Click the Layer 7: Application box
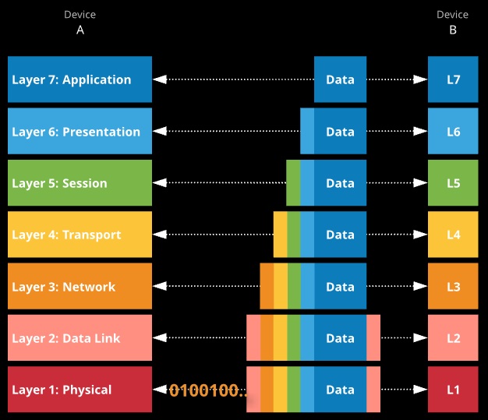(x=80, y=79)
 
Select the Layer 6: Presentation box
(x=80, y=131)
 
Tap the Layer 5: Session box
(x=80, y=182)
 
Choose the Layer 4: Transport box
(x=80, y=235)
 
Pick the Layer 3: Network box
(x=80, y=286)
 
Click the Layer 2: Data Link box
(x=80, y=337)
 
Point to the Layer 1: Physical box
(x=80, y=389)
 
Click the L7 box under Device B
(x=453, y=79)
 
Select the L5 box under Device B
(x=453, y=182)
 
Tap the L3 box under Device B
(x=453, y=286)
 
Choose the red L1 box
(x=453, y=389)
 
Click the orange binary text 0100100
(x=208, y=390)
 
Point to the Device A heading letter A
(x=80, y=30)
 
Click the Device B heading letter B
(x=453, y=30)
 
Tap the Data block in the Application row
(x=340, y=79)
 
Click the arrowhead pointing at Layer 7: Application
(x=160, y=79)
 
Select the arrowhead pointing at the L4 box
(x=420, y=235)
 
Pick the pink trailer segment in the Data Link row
(x=373, y=337)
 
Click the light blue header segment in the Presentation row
(x=307, y=131)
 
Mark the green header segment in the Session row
(x=293, y=182)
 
